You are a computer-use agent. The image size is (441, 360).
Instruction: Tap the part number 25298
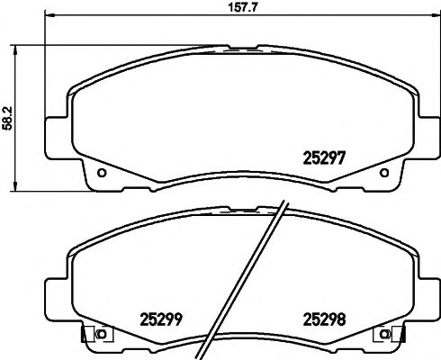323,317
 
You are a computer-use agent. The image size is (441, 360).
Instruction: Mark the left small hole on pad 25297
101,173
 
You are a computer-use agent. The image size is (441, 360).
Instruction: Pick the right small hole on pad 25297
384,173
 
